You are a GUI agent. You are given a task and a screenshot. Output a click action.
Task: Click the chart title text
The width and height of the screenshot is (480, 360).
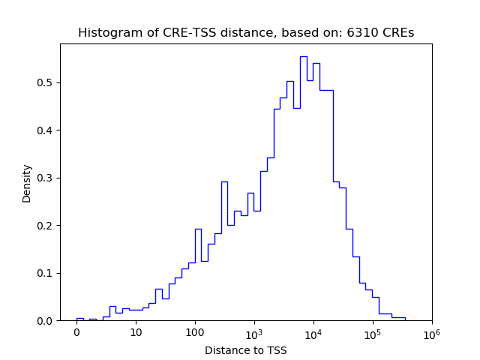coord(246,33)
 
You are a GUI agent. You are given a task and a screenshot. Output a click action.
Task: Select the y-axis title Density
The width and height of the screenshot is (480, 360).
coord(27,183)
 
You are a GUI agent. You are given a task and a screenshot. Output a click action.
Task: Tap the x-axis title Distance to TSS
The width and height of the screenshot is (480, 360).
coord(246,350)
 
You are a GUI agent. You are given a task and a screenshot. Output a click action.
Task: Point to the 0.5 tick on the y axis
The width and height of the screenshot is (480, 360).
coord(46,82)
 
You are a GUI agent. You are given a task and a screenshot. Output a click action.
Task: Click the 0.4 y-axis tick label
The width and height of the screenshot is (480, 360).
coord(46,130)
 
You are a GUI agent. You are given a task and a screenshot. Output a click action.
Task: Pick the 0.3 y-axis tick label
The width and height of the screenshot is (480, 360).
coord(46,178)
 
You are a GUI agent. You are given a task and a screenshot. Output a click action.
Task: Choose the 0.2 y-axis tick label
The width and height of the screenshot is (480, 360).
coord(46,226)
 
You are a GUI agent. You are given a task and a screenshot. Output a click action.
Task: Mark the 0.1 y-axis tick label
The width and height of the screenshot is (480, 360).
coord(46,273)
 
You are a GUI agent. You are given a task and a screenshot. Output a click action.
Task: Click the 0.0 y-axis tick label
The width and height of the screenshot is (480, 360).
coord(46,321)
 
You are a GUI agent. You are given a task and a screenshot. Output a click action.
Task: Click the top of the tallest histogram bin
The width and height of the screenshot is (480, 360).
coord(304,57)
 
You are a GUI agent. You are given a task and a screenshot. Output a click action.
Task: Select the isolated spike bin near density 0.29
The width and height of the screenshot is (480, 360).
coord(224,182)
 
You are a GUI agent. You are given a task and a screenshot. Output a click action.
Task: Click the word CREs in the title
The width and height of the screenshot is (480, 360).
coord(398,33)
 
